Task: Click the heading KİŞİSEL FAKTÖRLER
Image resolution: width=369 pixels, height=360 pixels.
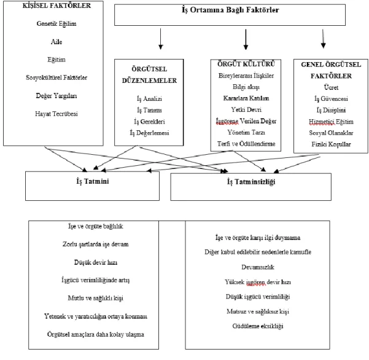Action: [56, 6]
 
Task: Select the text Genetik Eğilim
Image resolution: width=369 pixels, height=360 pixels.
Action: [56, 24]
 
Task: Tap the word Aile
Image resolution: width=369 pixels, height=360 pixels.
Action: [56, 42]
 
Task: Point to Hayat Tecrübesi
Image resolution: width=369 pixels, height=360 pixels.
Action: [56, 114]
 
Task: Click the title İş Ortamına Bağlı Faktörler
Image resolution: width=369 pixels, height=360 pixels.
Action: [230, 10]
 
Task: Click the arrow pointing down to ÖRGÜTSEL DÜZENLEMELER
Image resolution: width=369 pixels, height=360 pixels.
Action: [161, 39]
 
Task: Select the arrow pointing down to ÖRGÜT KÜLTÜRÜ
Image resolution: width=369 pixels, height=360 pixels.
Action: [246, 39]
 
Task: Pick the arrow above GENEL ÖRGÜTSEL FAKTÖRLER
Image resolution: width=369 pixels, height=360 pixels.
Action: [323, 39]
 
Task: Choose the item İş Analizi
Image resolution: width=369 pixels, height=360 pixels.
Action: [149, 99]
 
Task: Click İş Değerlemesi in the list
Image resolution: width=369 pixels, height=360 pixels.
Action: [149, 133]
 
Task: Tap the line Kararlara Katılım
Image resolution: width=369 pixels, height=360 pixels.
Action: [246, 98]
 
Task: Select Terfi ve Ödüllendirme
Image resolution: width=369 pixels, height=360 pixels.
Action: [246, 144]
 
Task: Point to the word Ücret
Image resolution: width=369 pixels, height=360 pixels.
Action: [331, 87]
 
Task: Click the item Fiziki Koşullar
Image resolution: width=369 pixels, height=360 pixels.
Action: [331, 144]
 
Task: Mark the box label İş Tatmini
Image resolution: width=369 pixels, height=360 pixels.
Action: [93, 181]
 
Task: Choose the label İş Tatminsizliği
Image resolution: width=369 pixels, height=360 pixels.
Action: [251, 182]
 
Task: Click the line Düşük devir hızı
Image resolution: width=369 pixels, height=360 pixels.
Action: [96, 262]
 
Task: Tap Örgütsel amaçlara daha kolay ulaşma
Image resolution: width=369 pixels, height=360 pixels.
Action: [96, 334]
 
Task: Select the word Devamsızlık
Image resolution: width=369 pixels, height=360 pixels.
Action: [258, 267]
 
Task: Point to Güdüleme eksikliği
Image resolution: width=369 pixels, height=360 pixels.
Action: [258, 326]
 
